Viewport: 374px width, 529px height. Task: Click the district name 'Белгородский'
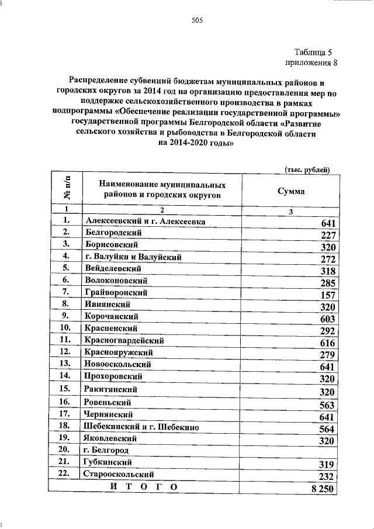click(113, 233)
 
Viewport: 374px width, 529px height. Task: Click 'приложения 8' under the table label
click(311, 62)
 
